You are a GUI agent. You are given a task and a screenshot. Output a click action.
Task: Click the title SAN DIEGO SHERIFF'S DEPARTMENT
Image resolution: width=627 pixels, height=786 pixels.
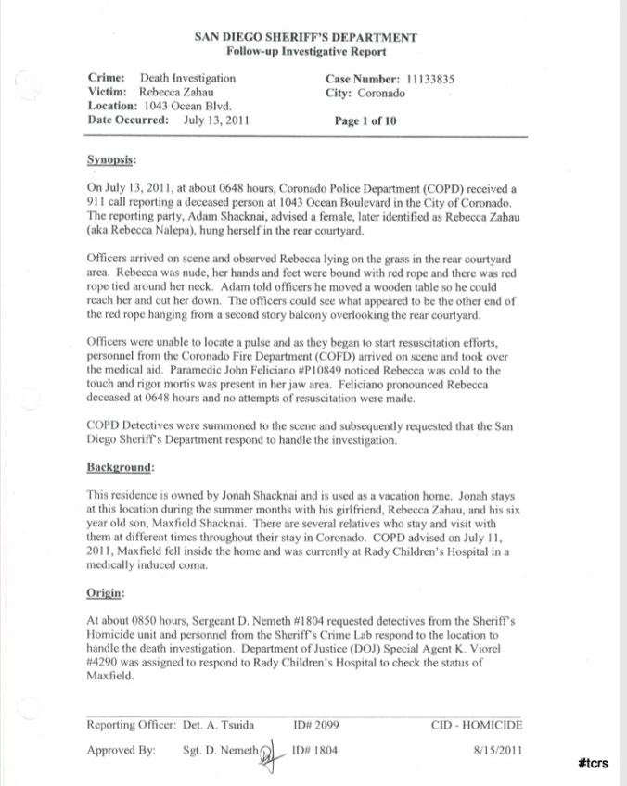point(306,37)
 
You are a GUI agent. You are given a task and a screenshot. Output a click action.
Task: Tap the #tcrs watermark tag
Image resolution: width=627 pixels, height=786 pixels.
point(593,763)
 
